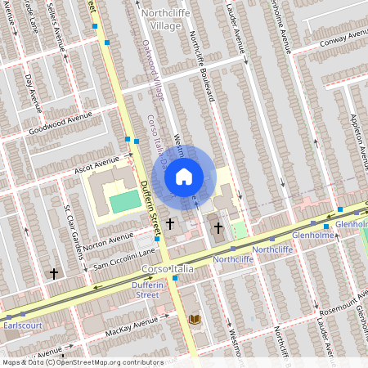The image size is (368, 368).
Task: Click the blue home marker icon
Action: pos(184,175)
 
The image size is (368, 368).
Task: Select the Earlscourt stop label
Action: pos(21,325)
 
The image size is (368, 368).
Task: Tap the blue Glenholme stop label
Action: pos(352,223)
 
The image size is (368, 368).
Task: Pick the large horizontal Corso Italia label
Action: pos(166,269)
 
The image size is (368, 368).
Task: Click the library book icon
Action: pos(195,319)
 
